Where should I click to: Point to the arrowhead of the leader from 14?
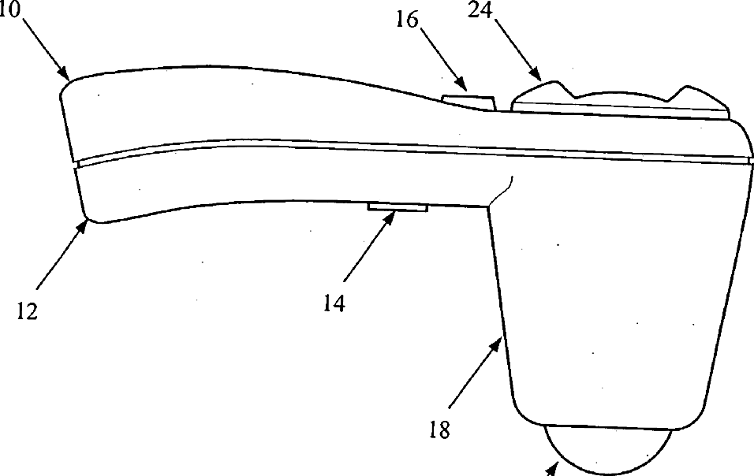[x=390, y=214]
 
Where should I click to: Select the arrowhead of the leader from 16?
[x=465, y=87]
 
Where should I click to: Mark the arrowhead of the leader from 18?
[x=499, y=339]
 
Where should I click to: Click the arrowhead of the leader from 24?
[x=541, y=80]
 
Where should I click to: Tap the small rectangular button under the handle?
[x=398, y=207]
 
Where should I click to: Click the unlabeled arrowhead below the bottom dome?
[x=552, y=470]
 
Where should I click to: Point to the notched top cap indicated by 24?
[x=619, y=100]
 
